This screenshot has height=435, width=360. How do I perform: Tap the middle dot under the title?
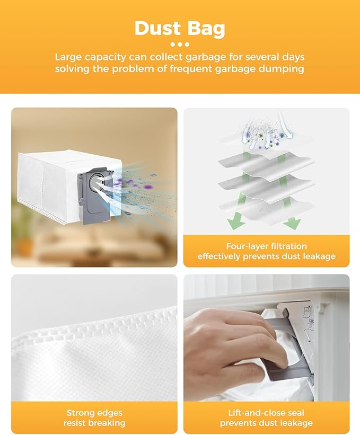coord(179,45)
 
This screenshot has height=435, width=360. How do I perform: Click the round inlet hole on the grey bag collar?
coord(95,182)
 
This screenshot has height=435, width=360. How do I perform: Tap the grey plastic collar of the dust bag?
coord(86,207)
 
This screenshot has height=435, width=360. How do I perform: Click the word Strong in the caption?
coord(80,413)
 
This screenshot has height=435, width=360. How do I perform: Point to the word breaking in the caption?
coord(108,423)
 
